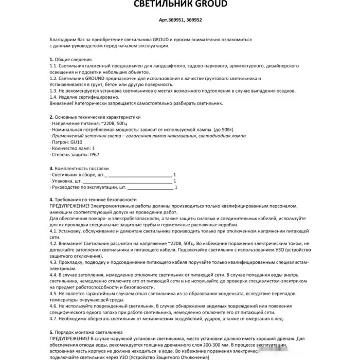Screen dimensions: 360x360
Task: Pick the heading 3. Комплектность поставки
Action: pos(79,168)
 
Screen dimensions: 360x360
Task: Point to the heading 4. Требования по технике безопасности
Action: pos(93,199)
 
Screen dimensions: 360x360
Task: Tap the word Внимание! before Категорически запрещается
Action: pos(62,103)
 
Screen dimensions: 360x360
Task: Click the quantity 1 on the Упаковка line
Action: pos(175,181)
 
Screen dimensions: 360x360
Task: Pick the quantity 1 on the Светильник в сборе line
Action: pos(175,175)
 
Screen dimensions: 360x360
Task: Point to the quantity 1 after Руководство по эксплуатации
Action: pos(175,188)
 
